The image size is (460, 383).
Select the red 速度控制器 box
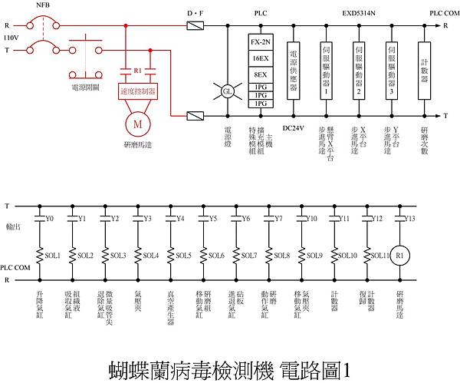pos(139,91)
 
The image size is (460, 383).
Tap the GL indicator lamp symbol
pos(227,91)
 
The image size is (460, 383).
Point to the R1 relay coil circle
pos(399,255)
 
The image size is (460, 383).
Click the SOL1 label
pos(53,256)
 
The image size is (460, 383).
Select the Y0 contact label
pos(50,219)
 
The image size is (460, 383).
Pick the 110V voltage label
pos(11,37)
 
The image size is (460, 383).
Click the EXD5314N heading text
pos(359,14)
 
